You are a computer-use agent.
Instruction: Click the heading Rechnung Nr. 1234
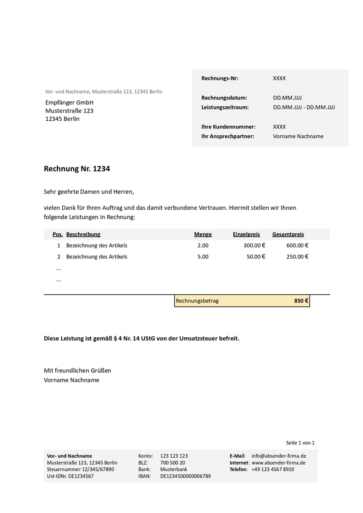pyautogui.click(x=77, y=169)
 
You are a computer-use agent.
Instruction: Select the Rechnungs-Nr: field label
pyautogui.click(x=220, y=79)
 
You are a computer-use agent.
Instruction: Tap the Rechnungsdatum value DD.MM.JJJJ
pyautogui.click(x=287, y=98)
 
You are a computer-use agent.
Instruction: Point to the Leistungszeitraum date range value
pyautogui.click(x=304, y=108)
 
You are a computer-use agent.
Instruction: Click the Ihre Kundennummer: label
pyautogui.click(x=228, y=127)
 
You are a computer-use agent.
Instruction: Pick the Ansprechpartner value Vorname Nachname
pyautogui.click(x=298, y=136)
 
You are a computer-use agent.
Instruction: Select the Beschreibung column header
pyautogui.click(x=83, y=234)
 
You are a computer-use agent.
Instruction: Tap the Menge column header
pyautogui.click(x=203, y=234)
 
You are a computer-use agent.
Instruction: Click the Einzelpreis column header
pyautogui.click(x=246, y=234)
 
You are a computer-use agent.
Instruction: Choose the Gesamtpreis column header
pyautogui.click(x=288, y=234)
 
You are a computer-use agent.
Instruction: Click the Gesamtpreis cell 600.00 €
pyautogui.click(x=297, y=246)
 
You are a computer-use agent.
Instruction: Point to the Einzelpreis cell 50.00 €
pyautogui.click(x=256, y=256)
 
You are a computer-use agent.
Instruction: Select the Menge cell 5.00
pyautogui.click(x=203, y=256)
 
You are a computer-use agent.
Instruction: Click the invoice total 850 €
pyautogui.click(x=301, y=301)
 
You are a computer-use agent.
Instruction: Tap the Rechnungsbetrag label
pyautogui.click(x=197, y=301)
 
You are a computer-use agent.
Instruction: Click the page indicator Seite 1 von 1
pyautogui.click(x=300, y=443)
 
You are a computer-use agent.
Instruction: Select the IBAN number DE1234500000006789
pyautogui.click(x=185, y=476)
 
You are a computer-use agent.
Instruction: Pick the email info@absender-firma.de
pyautogui.click(x=278, y=456)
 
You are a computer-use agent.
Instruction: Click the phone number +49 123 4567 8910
pyautogui.click(x=272, y=469)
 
